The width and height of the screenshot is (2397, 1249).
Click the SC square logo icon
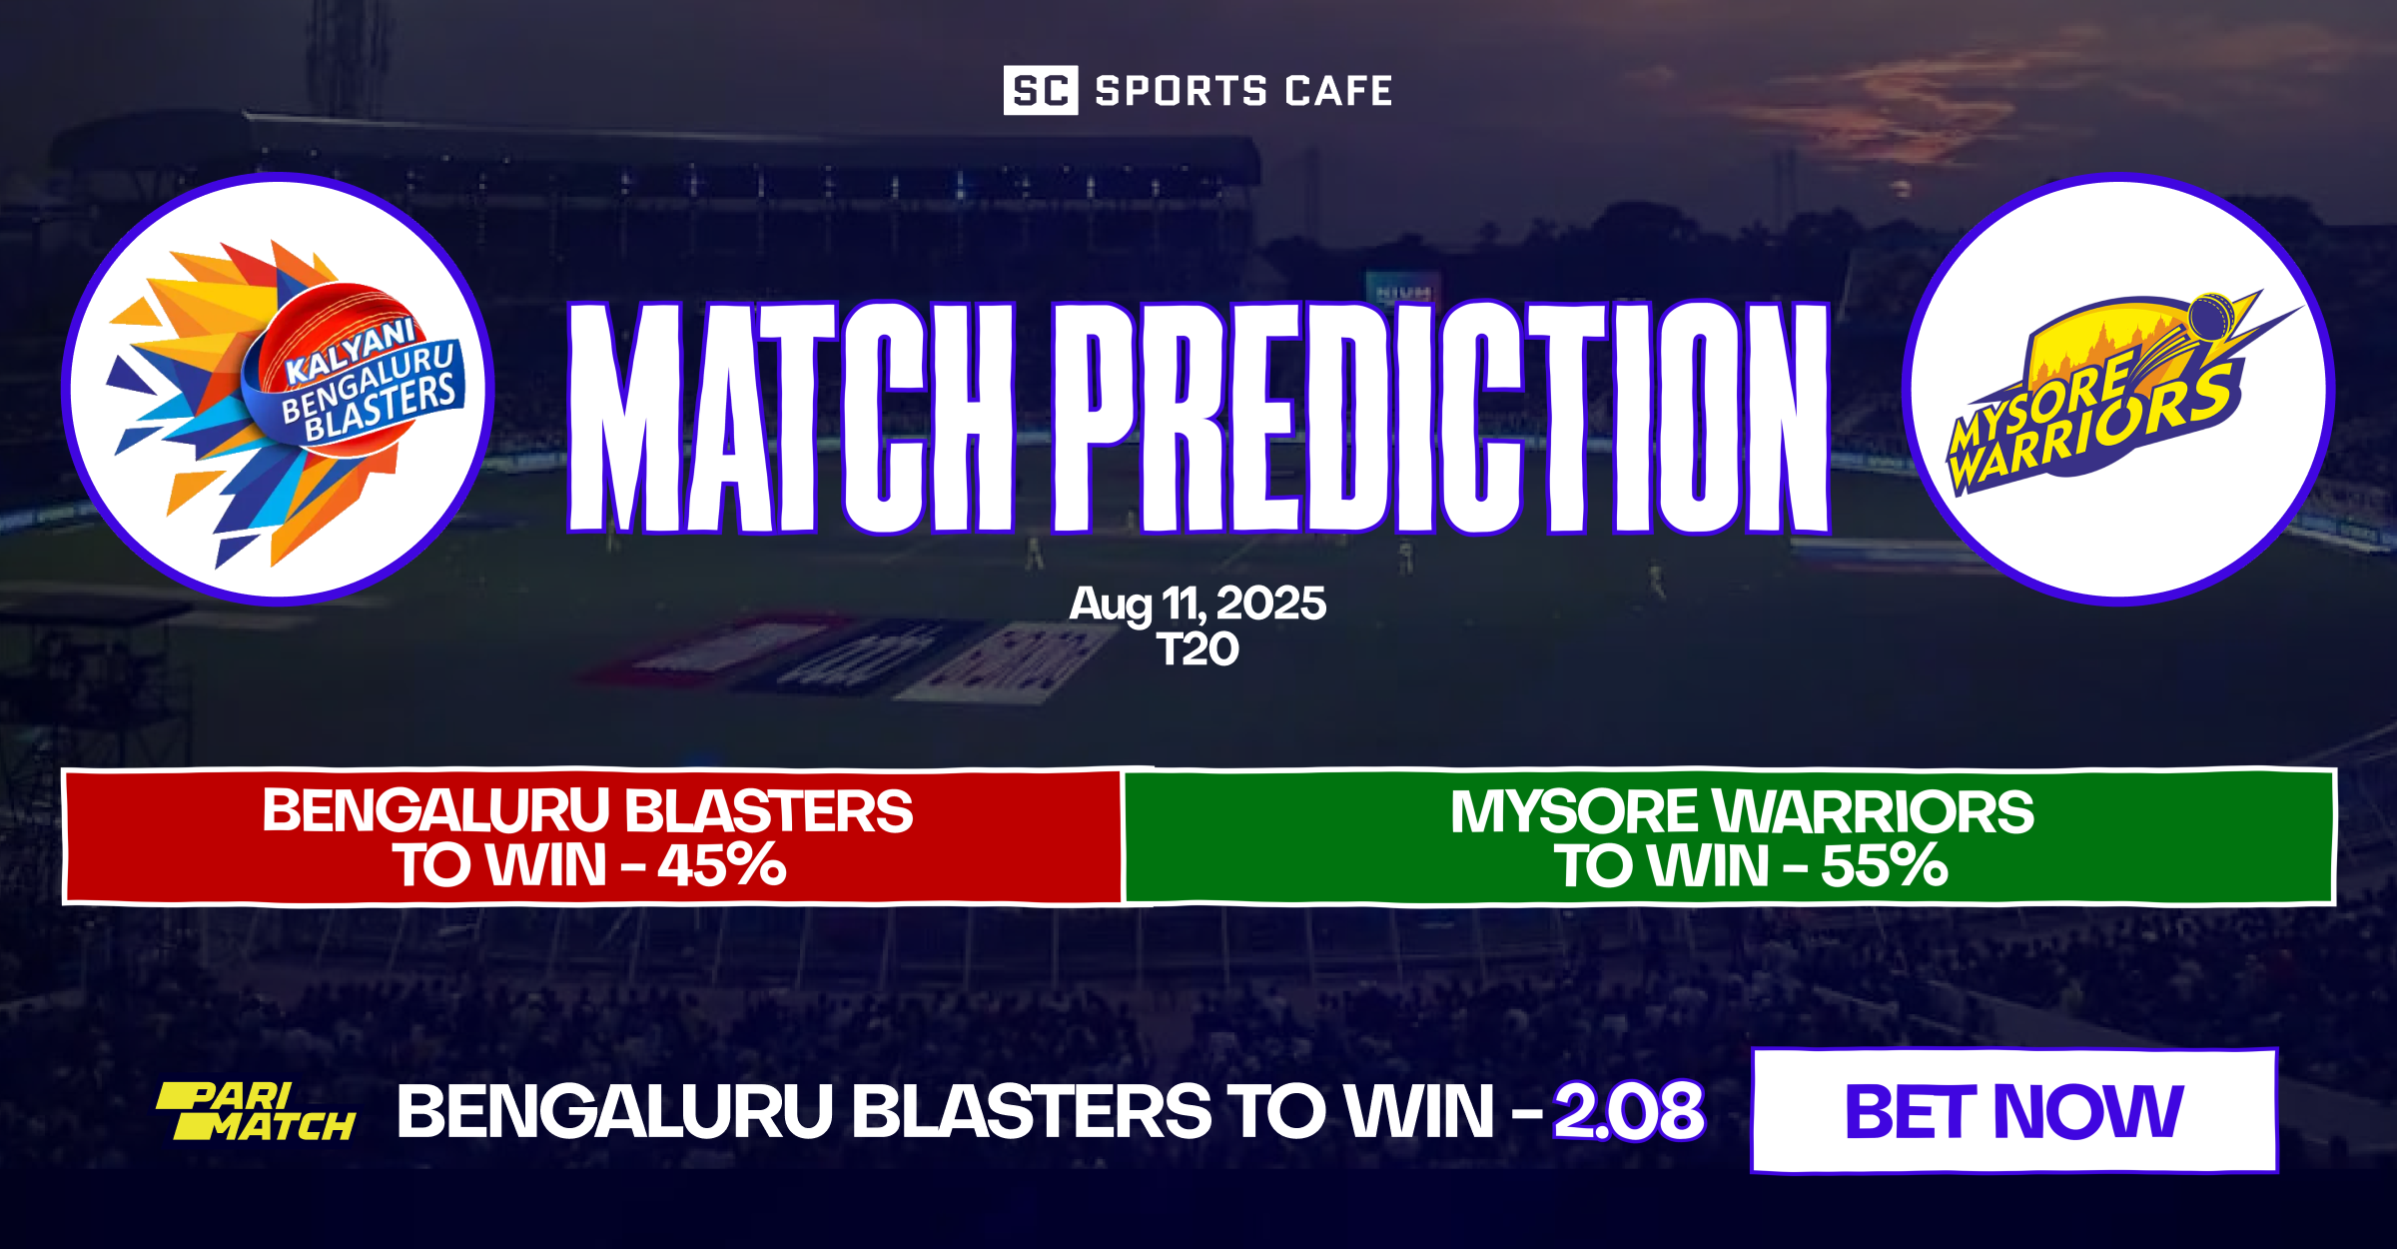[x=1040, y=91]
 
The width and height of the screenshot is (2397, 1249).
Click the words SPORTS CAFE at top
[x=1243, y=91]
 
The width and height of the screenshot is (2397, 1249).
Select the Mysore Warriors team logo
[x=2117, y=390]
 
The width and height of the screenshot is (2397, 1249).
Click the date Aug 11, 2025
[x=1198, y=604]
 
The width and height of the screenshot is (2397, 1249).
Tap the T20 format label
[x=1198, y=650]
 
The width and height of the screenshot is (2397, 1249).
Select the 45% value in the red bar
[x=721, y=865]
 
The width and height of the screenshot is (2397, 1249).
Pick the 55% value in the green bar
[x=1884, y=865]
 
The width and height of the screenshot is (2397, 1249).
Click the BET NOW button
[x=2013, y=1111]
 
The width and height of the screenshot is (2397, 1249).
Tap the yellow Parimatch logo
[x=256, y=1111]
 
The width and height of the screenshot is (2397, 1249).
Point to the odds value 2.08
[x=1629, y=1111]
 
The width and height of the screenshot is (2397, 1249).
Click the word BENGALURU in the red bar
[x=435, y=811]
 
